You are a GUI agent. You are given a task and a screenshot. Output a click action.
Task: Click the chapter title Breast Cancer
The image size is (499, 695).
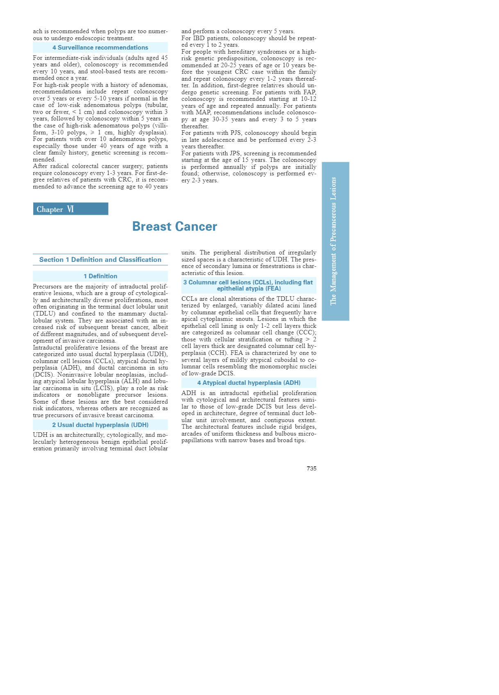(x=175, y=227)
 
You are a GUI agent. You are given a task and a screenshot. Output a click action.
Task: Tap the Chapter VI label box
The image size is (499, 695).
(x=70, y=209)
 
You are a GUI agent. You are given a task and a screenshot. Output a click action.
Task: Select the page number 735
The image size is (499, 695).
(x=311, y=468)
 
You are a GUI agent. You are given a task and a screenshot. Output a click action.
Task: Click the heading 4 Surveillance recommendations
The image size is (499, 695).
(x=100, y=48)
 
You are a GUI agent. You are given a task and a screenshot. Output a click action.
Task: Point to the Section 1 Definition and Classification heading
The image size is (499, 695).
(x=100, y=260)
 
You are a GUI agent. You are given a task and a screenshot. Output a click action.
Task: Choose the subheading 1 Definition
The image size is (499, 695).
(x=100, y=276)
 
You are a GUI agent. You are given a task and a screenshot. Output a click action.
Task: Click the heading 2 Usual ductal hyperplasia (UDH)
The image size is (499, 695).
(x=100, y=425)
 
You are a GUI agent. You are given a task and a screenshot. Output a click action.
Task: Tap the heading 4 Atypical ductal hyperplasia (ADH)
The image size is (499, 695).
(x=249, y=383)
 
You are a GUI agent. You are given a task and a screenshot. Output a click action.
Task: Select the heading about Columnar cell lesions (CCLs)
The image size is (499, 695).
(x=249, y=285)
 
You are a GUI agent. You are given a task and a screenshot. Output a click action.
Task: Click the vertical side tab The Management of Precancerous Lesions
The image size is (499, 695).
(x=335, y=241)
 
